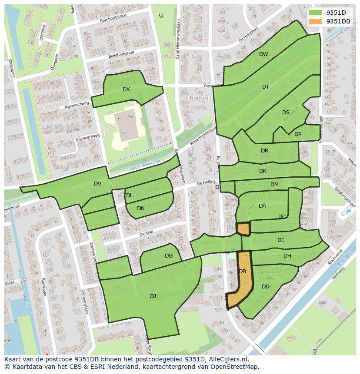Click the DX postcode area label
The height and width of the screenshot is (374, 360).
tap(126, 89)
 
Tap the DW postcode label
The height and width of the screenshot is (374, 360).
tap(263, 54)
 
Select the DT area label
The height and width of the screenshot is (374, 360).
tap(266, 87)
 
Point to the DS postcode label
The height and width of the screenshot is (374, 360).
tap(286, 113)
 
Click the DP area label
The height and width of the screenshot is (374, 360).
tap(298, 134)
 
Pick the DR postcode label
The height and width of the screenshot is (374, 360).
tap(265, 151)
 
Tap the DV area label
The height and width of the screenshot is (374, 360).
tap(97, 184)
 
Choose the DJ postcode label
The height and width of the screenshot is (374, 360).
tap(153, 296)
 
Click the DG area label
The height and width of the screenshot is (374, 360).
tap(169, 256)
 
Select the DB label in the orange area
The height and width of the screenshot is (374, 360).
tap(243, 271)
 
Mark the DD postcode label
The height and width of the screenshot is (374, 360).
tap(266, 287)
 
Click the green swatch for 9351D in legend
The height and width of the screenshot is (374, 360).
tap(315, 13)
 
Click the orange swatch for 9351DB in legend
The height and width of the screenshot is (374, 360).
tap(315, 21)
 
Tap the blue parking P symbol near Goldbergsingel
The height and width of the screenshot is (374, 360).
tap(348, 212)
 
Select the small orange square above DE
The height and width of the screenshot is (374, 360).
tap(243, 229)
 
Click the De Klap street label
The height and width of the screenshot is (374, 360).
tap(148, 234)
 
